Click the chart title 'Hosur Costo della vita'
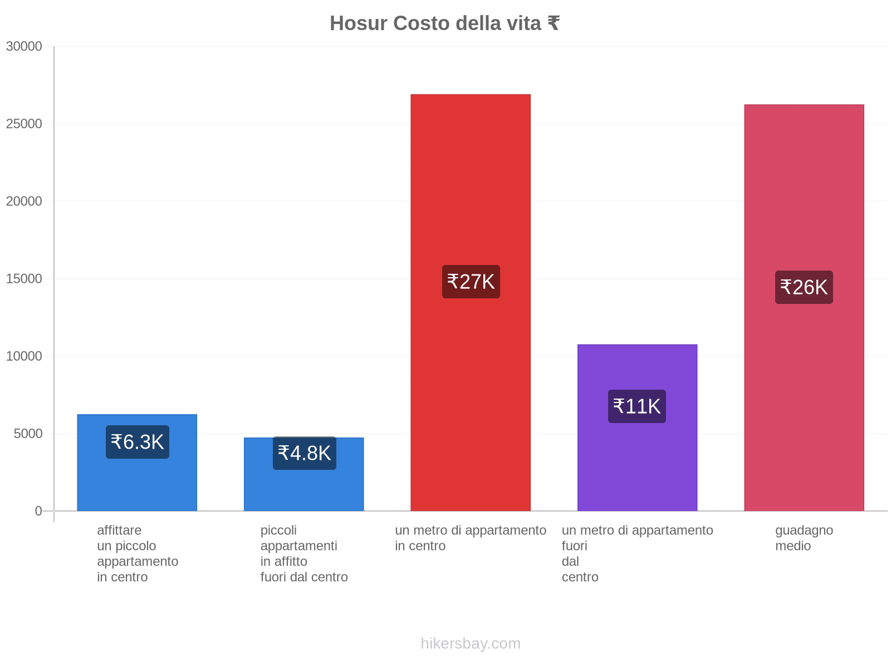click(x=444, y=23)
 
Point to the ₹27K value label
click(x=471, y=282)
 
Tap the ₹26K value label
click(x=804, y=287)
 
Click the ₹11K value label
click(x=637, y=406)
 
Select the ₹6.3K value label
click(x=137, y=442)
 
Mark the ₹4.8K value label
click(x=304, y=453)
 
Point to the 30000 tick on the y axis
click(x=24, y=46)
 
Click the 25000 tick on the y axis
click(x=24, y=124)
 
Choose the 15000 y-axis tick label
click(x=24, y=278)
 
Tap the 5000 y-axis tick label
click(x=28, y=434)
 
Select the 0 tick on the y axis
click(x=38, y=511)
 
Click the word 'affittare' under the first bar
click(x=119, y=530)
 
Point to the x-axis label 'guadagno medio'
click(x=804, y=538)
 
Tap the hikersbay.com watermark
click(x=471, y=644)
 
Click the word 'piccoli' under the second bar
click(x=278, y=530)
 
